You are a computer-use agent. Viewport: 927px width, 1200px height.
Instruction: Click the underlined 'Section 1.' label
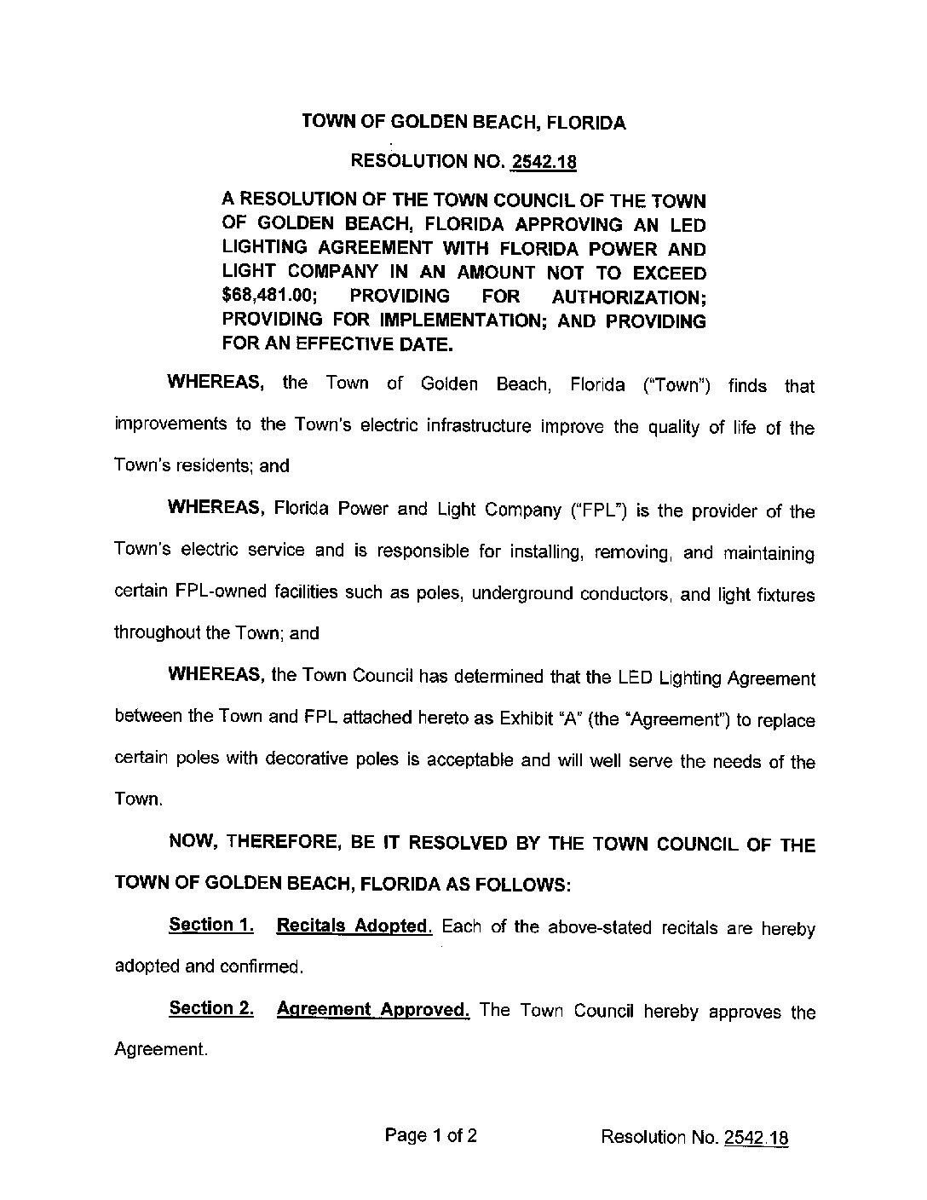coord(211,925)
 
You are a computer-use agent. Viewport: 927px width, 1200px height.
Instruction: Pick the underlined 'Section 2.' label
coord(211,1008)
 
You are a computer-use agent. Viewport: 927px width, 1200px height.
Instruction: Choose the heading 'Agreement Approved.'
coord(373,1010)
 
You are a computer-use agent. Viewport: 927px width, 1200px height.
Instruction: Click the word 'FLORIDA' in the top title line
coord(586,123)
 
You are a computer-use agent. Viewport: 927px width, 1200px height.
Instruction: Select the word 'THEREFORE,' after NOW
coord(285,844)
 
